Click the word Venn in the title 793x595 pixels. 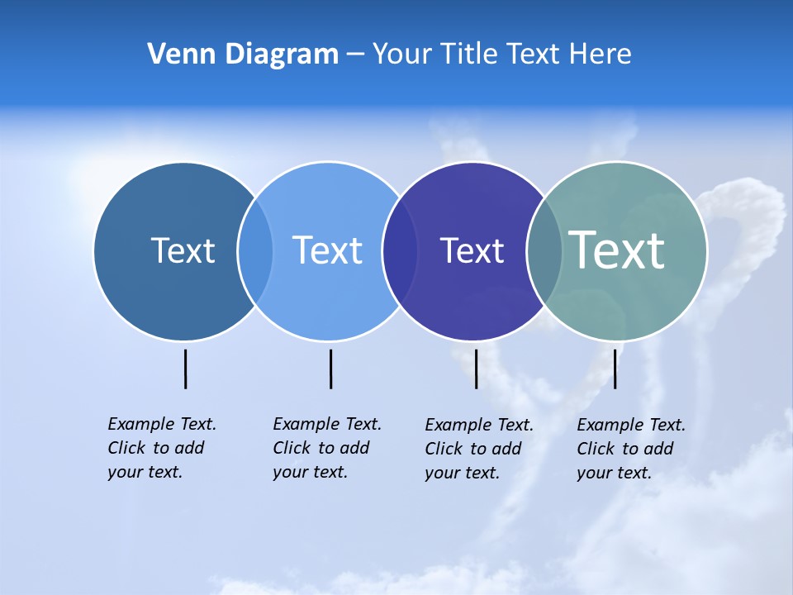172,55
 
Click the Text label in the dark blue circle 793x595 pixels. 183,250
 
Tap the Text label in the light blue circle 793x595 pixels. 327,250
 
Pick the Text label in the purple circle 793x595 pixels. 472,250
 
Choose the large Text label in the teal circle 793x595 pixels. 617,250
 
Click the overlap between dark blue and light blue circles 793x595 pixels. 255,251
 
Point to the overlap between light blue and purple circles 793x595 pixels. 400,251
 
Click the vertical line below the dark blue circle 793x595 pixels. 186,369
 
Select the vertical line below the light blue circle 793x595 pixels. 330,369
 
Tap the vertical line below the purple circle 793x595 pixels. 476,369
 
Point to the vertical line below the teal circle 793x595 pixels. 615,369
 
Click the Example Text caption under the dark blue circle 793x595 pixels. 162,448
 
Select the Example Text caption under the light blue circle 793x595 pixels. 327,448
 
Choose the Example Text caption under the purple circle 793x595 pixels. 479,449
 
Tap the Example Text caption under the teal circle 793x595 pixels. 631,449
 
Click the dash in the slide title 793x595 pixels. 355,55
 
